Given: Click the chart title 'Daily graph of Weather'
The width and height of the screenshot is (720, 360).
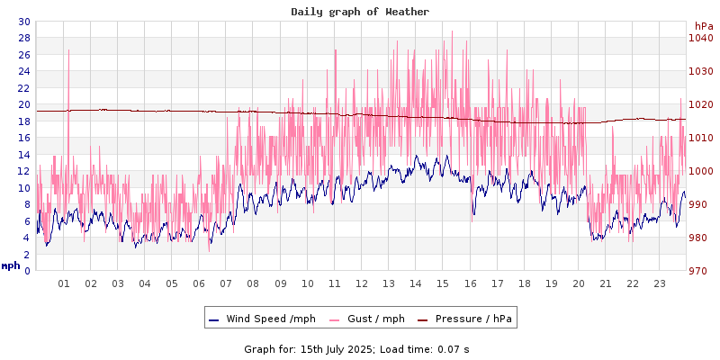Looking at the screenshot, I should pyautogui.click(x=360, y=12).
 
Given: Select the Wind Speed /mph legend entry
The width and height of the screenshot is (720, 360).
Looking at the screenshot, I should pyautogui.click(x=262, y=319).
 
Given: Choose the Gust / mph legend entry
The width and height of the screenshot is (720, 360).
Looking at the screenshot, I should pyautogui.click(x=368, y=319).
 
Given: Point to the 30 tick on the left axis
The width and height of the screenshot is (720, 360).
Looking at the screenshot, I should pyautogui.click(x=23, y=22).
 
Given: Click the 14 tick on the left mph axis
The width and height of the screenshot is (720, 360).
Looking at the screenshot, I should pyautogui.click(x=23, y=155).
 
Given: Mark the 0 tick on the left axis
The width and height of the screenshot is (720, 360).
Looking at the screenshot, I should pyautogui.click(x=26, y=271).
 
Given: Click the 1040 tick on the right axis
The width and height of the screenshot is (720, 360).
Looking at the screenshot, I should pyautogui.click(x=700, y=38).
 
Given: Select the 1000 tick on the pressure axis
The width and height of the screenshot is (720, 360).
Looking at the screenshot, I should pyautogui.click(x=700, y=171).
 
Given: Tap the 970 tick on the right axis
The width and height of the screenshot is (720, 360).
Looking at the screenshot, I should pyautogui.click(x=700, y=271).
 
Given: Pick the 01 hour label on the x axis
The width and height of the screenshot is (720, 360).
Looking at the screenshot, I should pyautogui.click(x=64, y=284).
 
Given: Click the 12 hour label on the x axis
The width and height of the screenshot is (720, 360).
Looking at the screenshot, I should pyautogui.click(x=362, y=284).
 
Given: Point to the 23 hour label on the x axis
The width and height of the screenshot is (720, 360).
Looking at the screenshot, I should pyautogui.click(x=660, y=284).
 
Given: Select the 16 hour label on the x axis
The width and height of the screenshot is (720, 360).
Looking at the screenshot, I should pyautogui.click(x=470, y=284).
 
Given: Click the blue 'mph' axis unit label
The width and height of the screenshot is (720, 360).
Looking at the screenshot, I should pyautogui.click(x=10, y=265).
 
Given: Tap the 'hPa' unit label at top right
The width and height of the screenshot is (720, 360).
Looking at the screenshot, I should pyautogui.click(x=704, y=26).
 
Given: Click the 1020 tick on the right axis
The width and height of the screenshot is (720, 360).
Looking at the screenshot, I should pyautogui.click(x=700, y=104).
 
